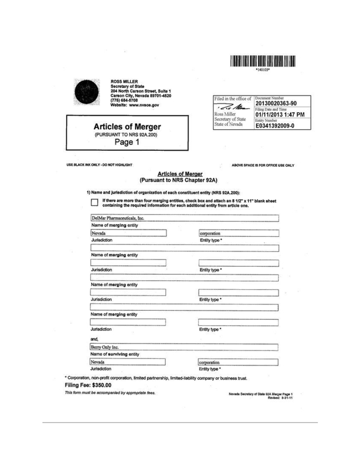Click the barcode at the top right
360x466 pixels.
[263, 59]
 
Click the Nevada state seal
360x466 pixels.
[86, 94]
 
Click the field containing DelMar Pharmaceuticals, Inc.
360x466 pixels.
[184, 218]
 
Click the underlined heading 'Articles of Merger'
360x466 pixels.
[180, 173]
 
